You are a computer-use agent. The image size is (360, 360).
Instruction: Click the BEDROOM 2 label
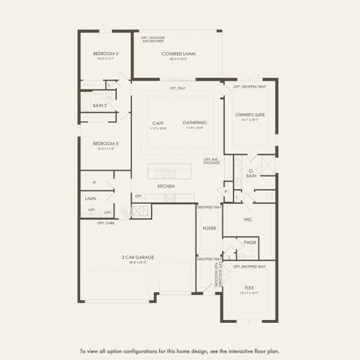[x=101, y=53]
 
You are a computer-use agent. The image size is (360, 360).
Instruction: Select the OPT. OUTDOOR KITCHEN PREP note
[x=152, y=39]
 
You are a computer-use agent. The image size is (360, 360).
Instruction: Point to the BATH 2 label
[x=100, y=106]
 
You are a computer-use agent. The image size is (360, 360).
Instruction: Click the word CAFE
[x=158, y=122]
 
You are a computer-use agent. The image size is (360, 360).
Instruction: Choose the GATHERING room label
[x=194, y=122]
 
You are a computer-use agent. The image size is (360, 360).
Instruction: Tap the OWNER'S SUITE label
[x=250, y=114]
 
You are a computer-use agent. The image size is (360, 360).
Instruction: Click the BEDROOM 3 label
[x=101, y=143]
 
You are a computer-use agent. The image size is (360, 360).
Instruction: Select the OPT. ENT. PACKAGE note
[x=212, y=161]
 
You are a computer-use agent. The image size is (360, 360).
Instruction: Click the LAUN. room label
[x=91, y=197]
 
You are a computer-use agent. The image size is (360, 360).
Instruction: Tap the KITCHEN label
[x=166, y=187]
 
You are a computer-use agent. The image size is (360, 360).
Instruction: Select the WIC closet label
[x=248, y=220]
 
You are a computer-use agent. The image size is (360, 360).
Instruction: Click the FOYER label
[x=209, y=228]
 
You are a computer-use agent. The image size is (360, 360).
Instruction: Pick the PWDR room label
[x=250, y=242]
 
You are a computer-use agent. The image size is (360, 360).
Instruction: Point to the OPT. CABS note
[x=106, y=223]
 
